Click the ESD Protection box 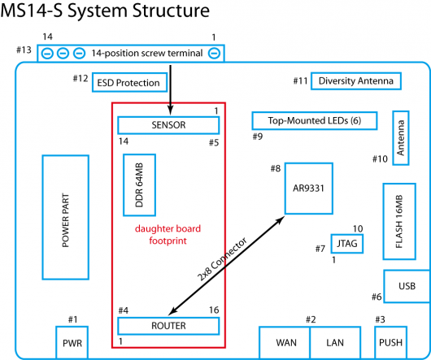129,82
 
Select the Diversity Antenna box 356,81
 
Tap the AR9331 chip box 309,189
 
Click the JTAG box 347,244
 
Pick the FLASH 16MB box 399,221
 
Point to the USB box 407,286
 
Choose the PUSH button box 390,343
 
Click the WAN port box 285,343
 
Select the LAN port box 335,343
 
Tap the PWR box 72,343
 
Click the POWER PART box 65,217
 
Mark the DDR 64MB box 139,184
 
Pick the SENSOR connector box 168,125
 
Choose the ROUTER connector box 168,326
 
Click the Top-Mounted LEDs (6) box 315,120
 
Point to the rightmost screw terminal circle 214,53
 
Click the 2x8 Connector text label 222,260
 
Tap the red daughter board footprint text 168,235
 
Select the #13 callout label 24,50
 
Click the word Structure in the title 171,11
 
